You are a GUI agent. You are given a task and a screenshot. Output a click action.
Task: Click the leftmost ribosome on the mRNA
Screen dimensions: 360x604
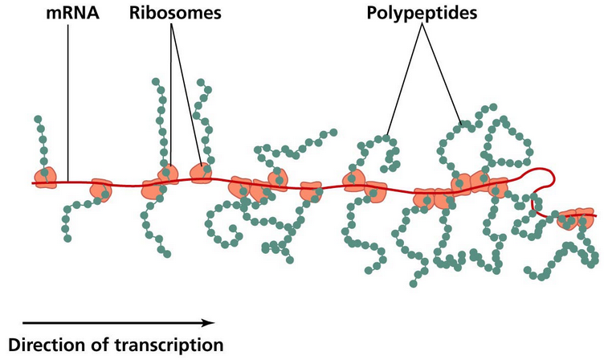pyautogui.click(x=44, y=178)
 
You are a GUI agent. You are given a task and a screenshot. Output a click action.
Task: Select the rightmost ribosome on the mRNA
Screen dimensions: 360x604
pyautogui.click(x=577, y=217)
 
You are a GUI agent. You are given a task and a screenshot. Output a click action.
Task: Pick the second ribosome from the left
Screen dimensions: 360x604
pyautogui.click(x=100, y=190)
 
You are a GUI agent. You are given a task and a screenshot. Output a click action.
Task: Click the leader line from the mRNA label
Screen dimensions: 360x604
pyautogui.click(x=68, y=96)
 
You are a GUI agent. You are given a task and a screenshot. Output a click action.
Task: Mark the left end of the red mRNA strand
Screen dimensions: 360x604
pyautogui.click(x=35, y=183)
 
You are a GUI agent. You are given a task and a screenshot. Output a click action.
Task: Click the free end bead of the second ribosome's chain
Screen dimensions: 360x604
pyautogui.click(x=66, y=238)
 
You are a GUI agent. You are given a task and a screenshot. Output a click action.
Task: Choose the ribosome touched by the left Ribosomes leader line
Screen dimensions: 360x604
pyautogui.click(x=166, y=174)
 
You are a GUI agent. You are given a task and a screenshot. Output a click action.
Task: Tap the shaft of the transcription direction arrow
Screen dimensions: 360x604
pyautogui.click(x=104, y=322)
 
